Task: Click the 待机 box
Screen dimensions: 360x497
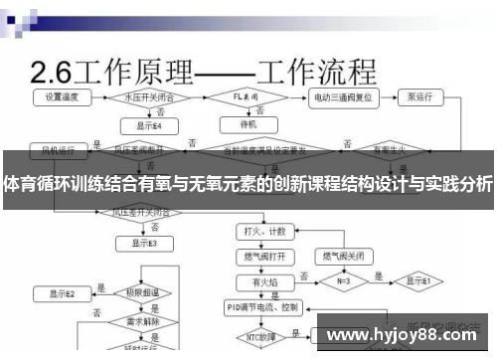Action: tap(249, 126)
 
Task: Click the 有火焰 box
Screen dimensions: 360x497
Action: tap(264, 282)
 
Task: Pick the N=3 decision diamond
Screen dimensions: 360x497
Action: tap(345, 281)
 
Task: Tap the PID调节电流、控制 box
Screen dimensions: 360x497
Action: tap(264, 308)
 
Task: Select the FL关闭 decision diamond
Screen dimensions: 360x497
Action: tap(249, 98)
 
